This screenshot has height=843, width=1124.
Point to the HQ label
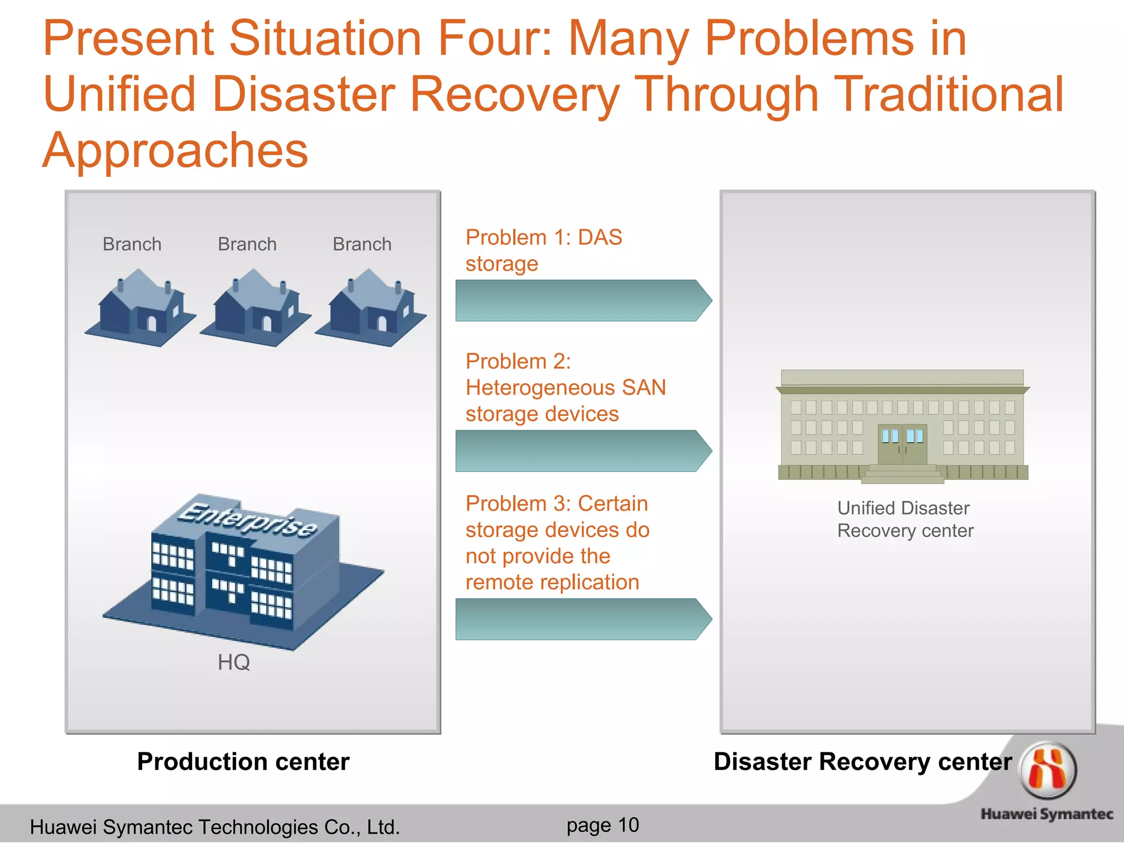234,662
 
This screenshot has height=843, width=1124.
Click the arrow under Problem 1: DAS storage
583,301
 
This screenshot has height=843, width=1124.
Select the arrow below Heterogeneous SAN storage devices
583,451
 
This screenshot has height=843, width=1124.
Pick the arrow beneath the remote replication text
583,619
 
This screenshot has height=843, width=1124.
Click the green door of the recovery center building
902,445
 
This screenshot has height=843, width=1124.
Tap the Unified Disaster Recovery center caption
904,519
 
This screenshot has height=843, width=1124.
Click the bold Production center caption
243,762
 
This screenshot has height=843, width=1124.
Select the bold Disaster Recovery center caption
862,762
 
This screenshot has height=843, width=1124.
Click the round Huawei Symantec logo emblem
1048,770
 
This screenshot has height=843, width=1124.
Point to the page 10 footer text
603,825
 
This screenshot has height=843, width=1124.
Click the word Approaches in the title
176,150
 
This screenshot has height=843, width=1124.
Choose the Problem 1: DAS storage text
543,250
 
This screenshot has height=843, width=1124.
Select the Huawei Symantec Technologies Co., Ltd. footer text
215,827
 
